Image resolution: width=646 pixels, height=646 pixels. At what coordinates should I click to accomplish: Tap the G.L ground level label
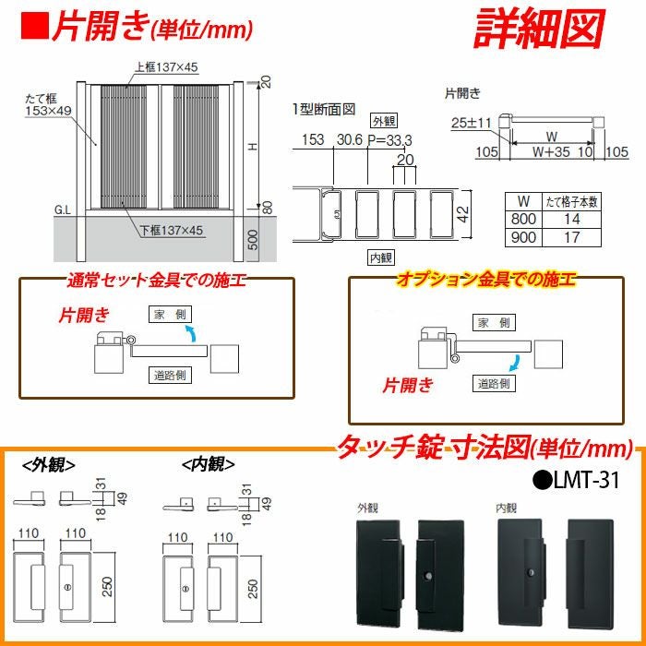point(63,210)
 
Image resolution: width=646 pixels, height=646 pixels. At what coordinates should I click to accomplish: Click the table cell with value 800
point(524,219)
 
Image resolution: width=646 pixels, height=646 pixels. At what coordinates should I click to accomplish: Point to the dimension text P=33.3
point(389,139)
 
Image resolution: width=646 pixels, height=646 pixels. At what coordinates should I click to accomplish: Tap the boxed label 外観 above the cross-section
point(383,121)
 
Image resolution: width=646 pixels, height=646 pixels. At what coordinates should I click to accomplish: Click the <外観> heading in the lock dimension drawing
point(48,464)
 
